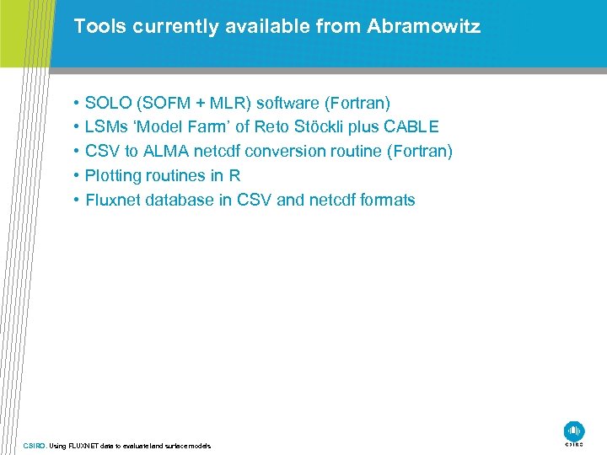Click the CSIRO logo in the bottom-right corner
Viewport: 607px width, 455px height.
pyautogui.click(x=574, y=432)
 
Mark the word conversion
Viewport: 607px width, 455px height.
pyautogui.click(x=296, y=152)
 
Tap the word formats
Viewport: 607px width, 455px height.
pyautogui.click(x=385, y=201)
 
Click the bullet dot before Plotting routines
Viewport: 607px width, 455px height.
pyautogui.click(x=76, y=176)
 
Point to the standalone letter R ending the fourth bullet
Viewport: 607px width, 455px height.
pyautogui.click(x=235, y=176)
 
